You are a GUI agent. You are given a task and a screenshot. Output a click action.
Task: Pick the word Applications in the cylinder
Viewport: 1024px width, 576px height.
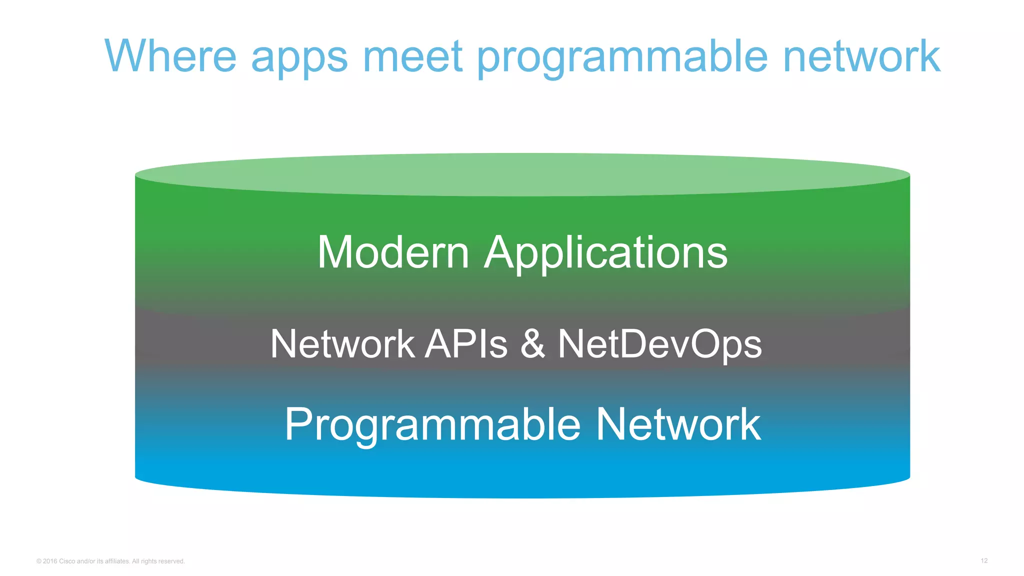(x=605, y=253)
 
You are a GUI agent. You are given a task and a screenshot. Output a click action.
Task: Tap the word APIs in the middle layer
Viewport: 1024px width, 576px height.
(x=466, y=344)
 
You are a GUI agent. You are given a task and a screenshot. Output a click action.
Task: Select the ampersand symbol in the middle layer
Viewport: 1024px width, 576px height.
(x=532, y=344)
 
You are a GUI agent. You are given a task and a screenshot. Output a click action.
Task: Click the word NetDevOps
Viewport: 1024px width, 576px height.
(x=659, y=345)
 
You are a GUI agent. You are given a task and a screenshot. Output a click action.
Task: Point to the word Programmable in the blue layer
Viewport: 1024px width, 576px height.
(x=432, y=425)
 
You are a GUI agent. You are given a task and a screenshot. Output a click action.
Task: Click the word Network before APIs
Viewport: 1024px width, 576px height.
(x=342, y=344)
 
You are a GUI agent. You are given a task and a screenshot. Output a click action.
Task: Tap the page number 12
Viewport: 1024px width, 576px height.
(x=984, y=560)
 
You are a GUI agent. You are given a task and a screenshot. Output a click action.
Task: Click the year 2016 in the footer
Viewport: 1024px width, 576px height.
(x=50, y=561)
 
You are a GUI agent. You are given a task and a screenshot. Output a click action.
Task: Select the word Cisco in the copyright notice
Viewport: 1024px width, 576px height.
(x=67, y=561)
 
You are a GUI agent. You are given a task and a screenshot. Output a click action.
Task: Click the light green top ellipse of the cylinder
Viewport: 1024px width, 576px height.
(x=522, y=174)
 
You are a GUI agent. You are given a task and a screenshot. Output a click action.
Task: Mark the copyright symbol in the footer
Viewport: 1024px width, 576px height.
(x=39, y=561)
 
